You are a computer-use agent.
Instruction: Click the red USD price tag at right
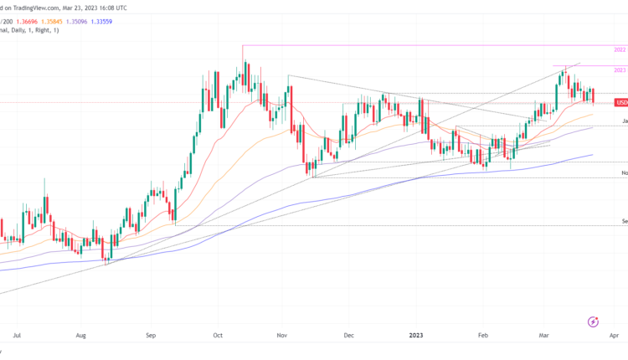point(621,103)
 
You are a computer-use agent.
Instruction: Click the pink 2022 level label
point(620,50)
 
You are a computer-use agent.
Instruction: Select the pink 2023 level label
point(620,70)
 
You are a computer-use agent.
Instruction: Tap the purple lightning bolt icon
point(594,321)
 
